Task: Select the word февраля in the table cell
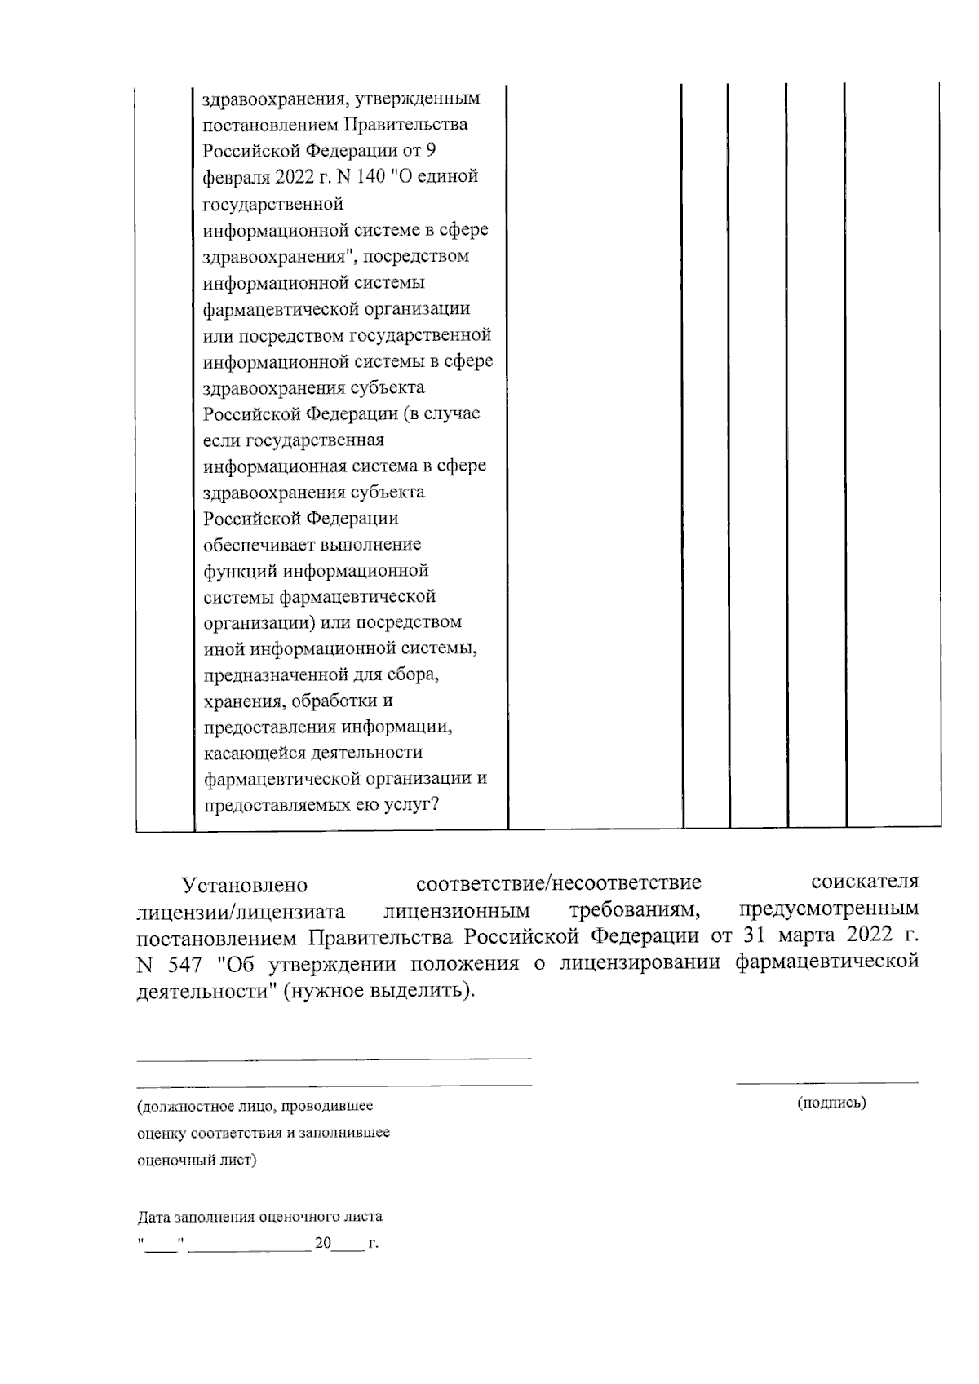coord(232,177)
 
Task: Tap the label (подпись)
coord(831,1103)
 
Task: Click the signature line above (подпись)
coord(826,1083)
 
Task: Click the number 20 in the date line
coord(323,1244)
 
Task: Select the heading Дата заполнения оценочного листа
coord(259,1218)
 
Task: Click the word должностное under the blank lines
coord(184,1107)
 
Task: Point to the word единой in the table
coord(449,177)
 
